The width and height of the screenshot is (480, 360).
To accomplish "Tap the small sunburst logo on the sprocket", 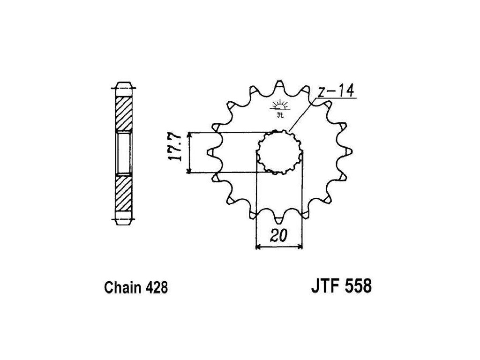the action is click(279, 107).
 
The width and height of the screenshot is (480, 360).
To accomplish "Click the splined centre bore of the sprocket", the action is click(279, 152).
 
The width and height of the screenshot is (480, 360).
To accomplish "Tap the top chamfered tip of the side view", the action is click(124, 88).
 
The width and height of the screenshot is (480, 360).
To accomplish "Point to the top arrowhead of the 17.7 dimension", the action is click(189, 135).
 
